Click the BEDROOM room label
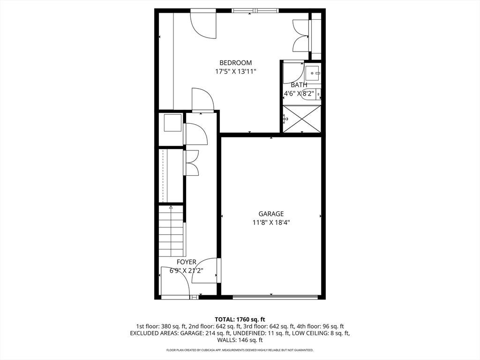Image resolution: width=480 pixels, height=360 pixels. tap(235, 63)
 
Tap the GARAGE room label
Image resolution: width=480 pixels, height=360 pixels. tap(271, 214)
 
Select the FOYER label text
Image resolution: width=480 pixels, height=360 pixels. tap(187, 262)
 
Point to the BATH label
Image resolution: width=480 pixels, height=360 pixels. tap(299, 85)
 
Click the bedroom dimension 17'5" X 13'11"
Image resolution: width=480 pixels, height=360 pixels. tap(235, 72)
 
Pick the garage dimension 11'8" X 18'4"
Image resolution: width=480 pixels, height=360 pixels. tap(271, 223)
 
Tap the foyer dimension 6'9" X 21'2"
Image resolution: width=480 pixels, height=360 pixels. tap(187, 270)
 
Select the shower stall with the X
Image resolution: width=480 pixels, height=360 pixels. tap(302, 119)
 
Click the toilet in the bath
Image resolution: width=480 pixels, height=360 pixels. tap(314, 93)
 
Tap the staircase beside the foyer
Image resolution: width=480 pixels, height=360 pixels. tap(171, 231)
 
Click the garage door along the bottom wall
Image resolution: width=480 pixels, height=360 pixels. tap(275, 297)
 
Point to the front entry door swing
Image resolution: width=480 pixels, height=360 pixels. tap(175, 281)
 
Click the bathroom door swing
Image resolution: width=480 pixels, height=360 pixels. tap(293, 72)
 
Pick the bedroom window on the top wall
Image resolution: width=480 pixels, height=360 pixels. tap(255, 11)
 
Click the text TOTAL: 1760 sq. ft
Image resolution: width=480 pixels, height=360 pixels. tap(240, 320)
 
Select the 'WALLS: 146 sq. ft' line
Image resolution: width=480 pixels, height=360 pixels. tap(240, 340)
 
